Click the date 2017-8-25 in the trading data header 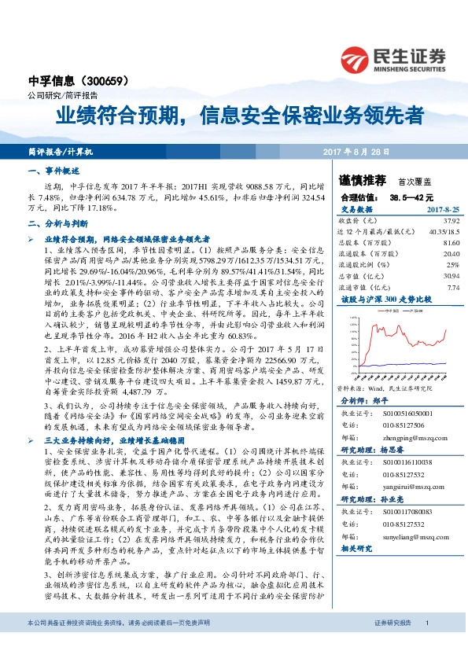[442, 211]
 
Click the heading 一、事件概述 [53, 171]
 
